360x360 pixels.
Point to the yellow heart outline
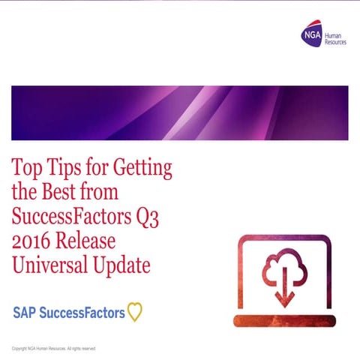point(134,312)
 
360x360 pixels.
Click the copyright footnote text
point(54,349)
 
